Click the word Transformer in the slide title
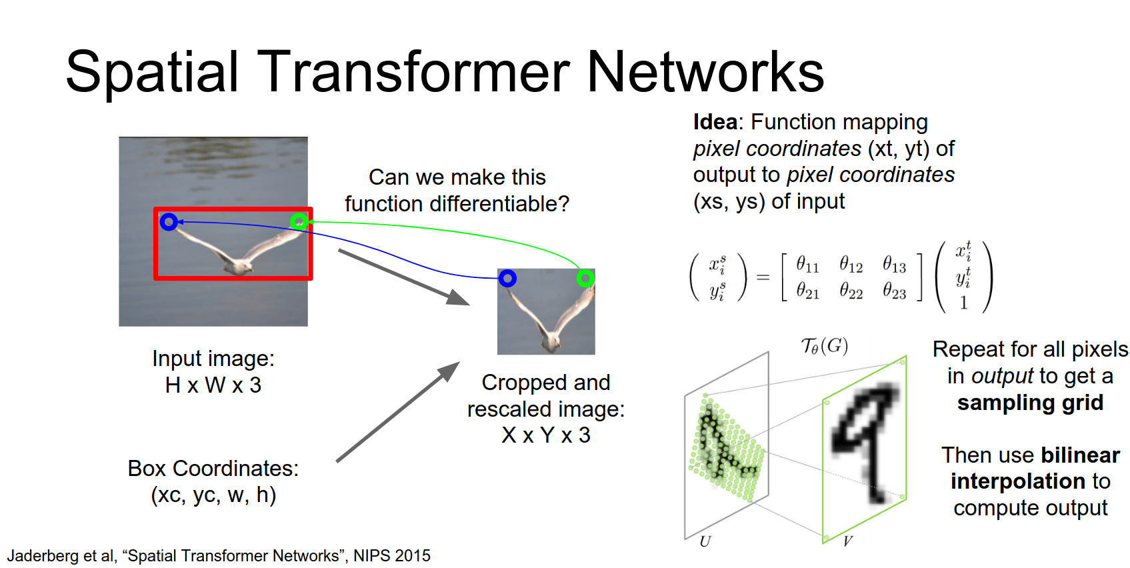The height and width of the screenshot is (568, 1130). tap(413, 72)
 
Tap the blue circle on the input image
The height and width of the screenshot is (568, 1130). tap(169, 221)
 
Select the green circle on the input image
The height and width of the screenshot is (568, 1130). tap(299, 221)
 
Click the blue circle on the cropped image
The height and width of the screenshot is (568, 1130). tap(507, 278)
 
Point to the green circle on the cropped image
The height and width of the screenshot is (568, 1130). tap(585, 278)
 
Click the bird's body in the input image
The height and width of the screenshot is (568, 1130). tap(237, 265)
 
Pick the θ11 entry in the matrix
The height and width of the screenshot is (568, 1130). tap(807, 265)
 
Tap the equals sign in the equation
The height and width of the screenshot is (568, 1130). tap(763, 277)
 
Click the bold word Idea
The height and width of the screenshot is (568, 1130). tap(715, 122)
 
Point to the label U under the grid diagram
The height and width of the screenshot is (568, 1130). tap(705, 541)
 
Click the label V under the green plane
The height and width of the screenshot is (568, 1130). tap(847, 541)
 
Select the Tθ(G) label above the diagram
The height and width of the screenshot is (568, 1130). tap(824, 346)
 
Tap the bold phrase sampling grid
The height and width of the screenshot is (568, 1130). tap(1030, 403)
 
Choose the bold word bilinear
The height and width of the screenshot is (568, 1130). tap(1080, 455)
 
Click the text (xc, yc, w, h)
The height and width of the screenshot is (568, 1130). tap(213, 495)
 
